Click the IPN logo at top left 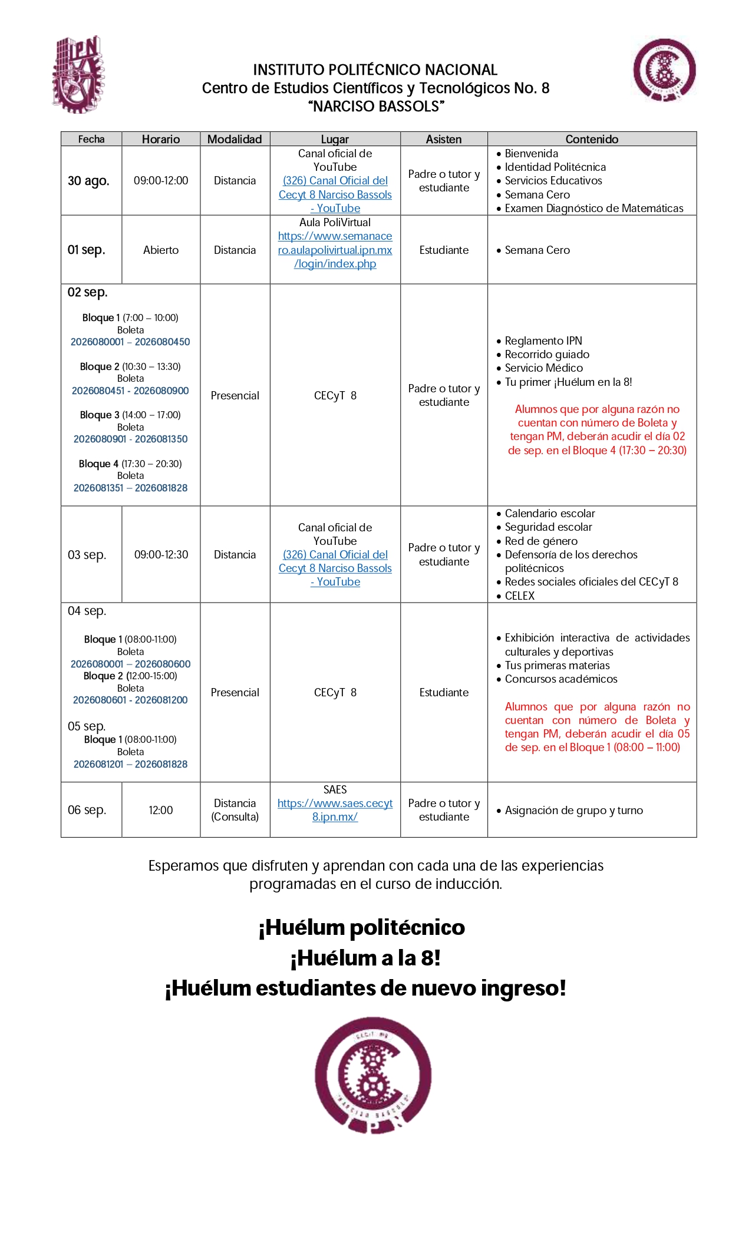[x=78, y=74]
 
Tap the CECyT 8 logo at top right [x=664, y=70]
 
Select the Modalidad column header [x=235, y=139]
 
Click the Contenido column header [x=592, y=139]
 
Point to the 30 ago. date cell [x=88, y=181]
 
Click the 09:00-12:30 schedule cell [x=161, y=555]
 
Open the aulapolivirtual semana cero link [x=335, y=250]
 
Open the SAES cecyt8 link [x=335, y=810]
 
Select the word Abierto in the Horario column [x=161, y=250]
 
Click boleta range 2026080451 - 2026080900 [x=130, y=391]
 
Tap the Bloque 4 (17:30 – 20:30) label [x=130, y=464]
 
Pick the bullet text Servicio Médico [x=543, y=368]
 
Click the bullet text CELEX [x=519, y=596]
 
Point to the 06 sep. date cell [x=87, y=810]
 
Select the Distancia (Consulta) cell [x=235, y=810]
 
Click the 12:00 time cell [x=161, y=810]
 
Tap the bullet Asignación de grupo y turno [x=573, y=811]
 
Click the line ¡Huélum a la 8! [x=365, y=958]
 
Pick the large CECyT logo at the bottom [x=373, y=1075]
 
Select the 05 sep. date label [x=87, y=726]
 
